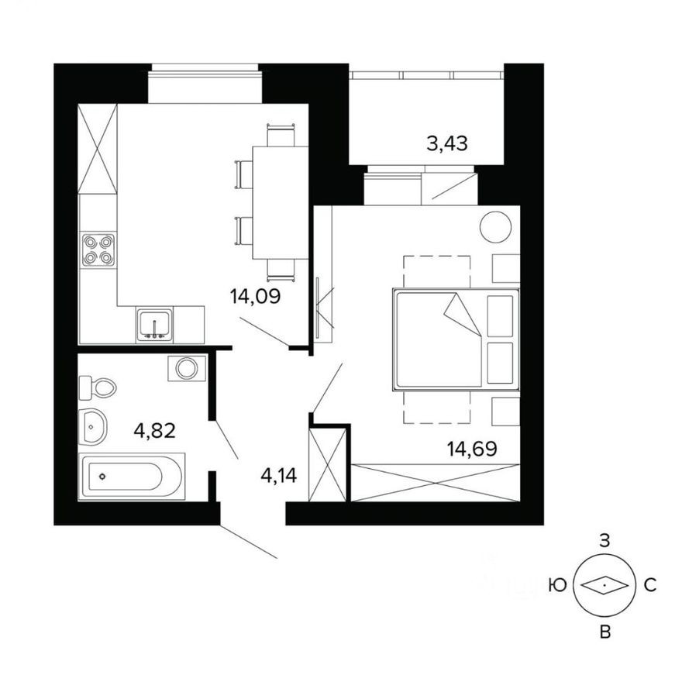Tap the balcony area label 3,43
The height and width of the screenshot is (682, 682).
coord(447,143)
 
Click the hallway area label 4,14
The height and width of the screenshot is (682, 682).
coord(279,474)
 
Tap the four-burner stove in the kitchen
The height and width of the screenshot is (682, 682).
coord(98,250)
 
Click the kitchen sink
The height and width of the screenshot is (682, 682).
coord(155,324)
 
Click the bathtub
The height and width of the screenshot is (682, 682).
coord(132,476)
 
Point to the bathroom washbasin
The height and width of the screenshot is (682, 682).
coord(92,426)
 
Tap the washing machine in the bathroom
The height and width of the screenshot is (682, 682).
coord(187,368)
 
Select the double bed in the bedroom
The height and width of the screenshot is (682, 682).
coord(453,339)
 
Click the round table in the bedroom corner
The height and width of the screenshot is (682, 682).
coord(495,227)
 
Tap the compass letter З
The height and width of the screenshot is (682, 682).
coord(606,542)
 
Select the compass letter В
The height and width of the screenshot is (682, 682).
coord(606,632)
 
